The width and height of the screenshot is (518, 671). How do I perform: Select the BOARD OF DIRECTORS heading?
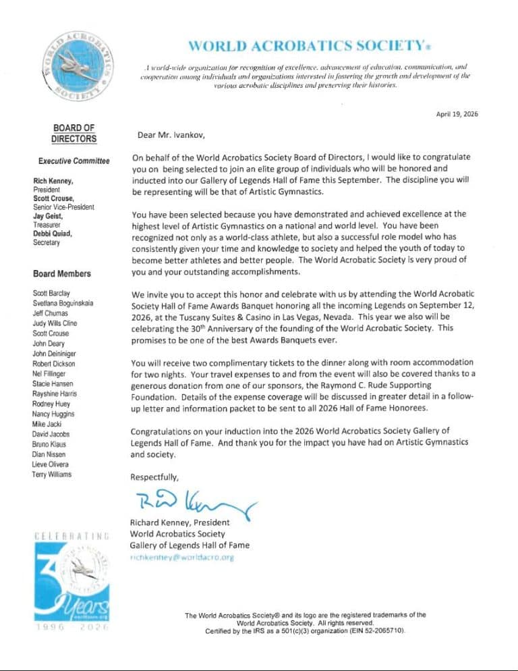click(74, 134)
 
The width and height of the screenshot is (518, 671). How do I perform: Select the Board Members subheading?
click(62, 274)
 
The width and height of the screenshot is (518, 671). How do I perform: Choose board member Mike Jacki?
click(48, 423)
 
